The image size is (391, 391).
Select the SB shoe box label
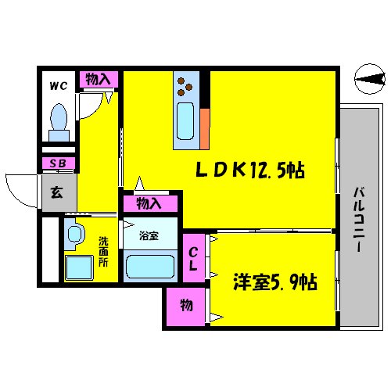57,163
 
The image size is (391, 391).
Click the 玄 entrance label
58,192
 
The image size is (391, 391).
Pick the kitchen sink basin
185,121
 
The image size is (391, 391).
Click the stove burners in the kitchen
188,81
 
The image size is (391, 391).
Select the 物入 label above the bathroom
149,204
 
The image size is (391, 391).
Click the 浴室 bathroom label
149,235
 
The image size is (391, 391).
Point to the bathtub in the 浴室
150,267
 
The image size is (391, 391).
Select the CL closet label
193,257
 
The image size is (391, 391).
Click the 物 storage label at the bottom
185,305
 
